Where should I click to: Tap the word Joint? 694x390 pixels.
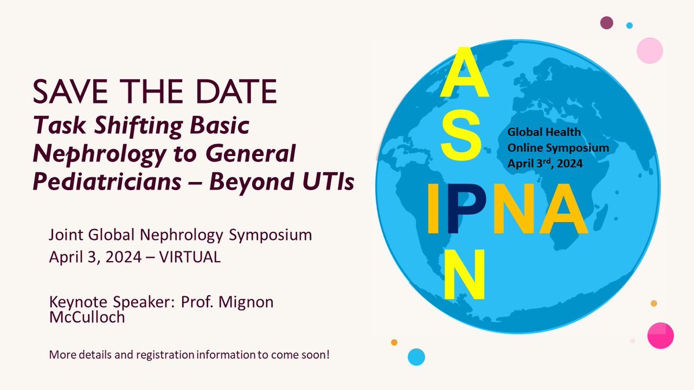[x=64, y=235]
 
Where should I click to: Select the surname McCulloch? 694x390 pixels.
[x=87, y=317]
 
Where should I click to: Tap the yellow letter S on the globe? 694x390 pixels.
[x=460, y=139]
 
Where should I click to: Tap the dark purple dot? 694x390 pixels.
[x=606, y=23]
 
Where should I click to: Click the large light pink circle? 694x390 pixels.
[x=649, y=50]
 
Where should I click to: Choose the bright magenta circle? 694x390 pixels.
[x=660, y=335]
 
